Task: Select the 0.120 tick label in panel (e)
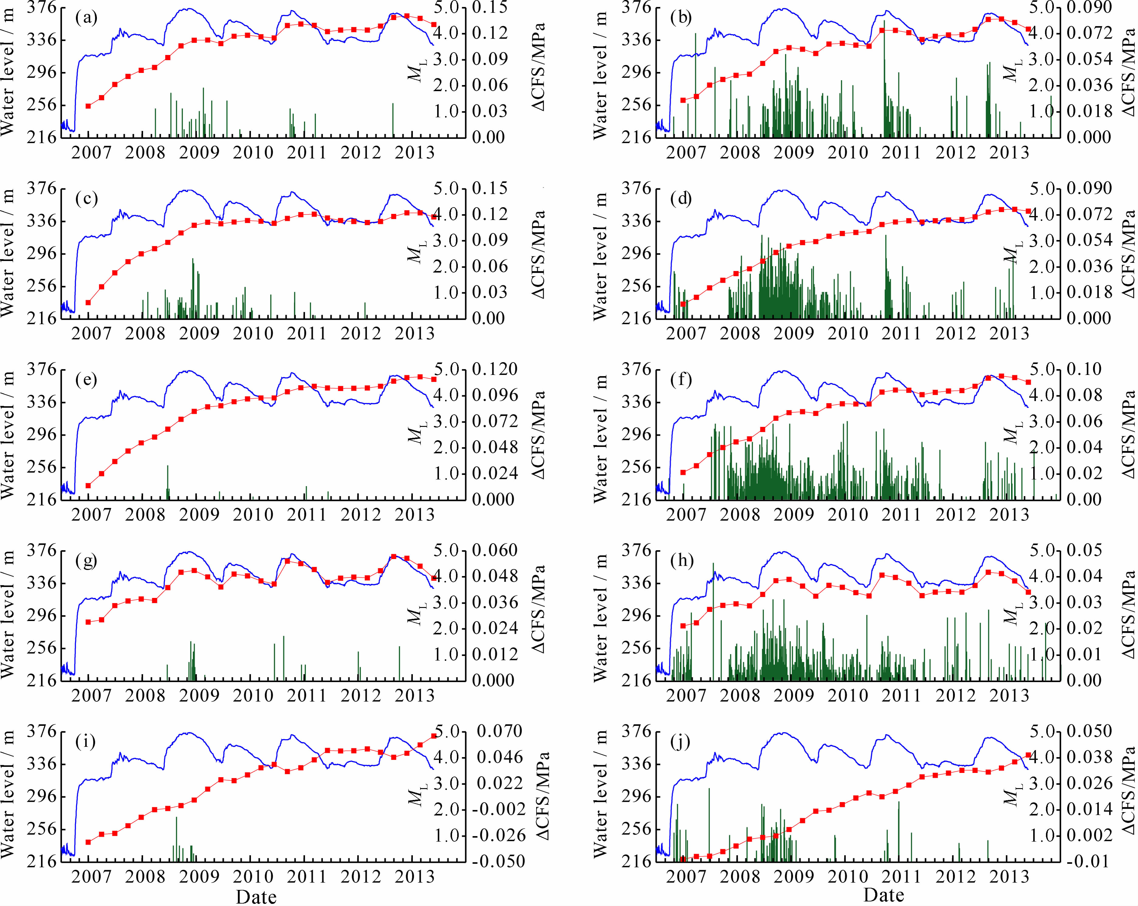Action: (495, 369)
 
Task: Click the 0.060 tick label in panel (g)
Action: (495, 551)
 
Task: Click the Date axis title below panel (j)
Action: (884, 895)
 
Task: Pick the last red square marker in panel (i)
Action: (434, 736)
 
